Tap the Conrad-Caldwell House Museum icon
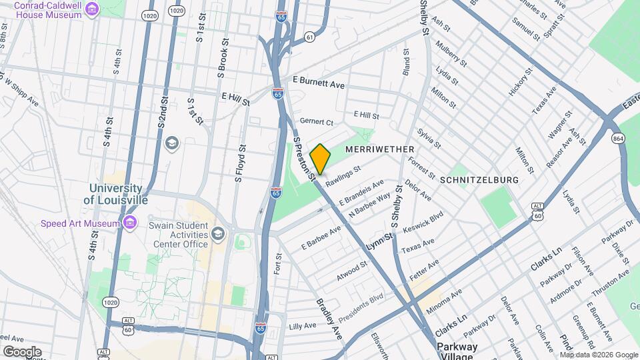(91, 9)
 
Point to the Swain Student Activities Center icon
(217, 233)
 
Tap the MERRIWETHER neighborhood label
(380, 149)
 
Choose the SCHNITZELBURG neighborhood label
(479, 180)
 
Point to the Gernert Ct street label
(316, 122)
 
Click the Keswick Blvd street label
(422, 223)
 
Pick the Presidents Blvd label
(361, 306)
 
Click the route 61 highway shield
(309, 37)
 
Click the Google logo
(22, 351)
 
